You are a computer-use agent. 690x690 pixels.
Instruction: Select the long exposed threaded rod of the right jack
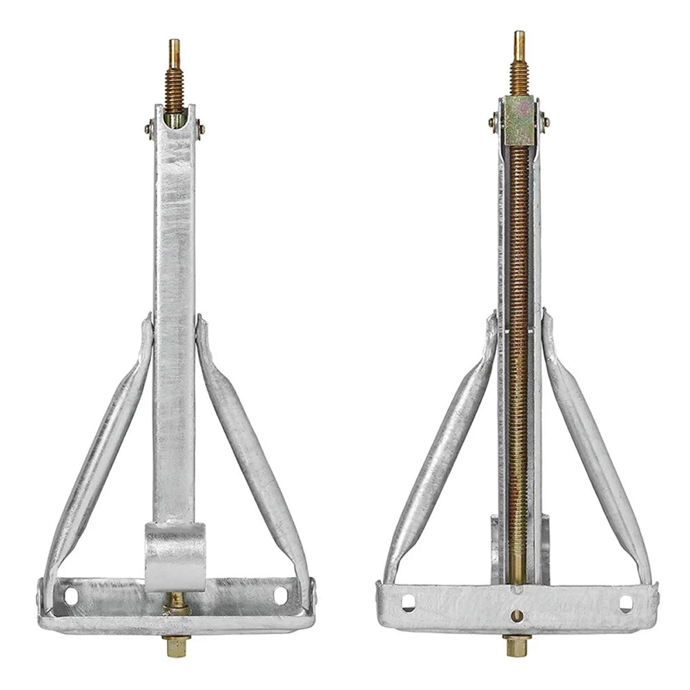[x=517, y=345]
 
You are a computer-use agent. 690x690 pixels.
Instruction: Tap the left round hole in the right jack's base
[x=408, y=602]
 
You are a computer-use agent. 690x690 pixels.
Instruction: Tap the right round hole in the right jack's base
[x=625, y=603]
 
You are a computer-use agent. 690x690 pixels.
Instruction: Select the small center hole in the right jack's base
[x=517, y=615]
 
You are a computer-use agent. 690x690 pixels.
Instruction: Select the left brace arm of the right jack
[x=442, y=448]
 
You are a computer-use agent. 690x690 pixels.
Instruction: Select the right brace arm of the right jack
[x=597, y=448]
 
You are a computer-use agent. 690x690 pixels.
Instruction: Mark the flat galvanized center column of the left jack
[x=175, y=310]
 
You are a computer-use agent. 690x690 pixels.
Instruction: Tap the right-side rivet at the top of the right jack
[x=545, y=122]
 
